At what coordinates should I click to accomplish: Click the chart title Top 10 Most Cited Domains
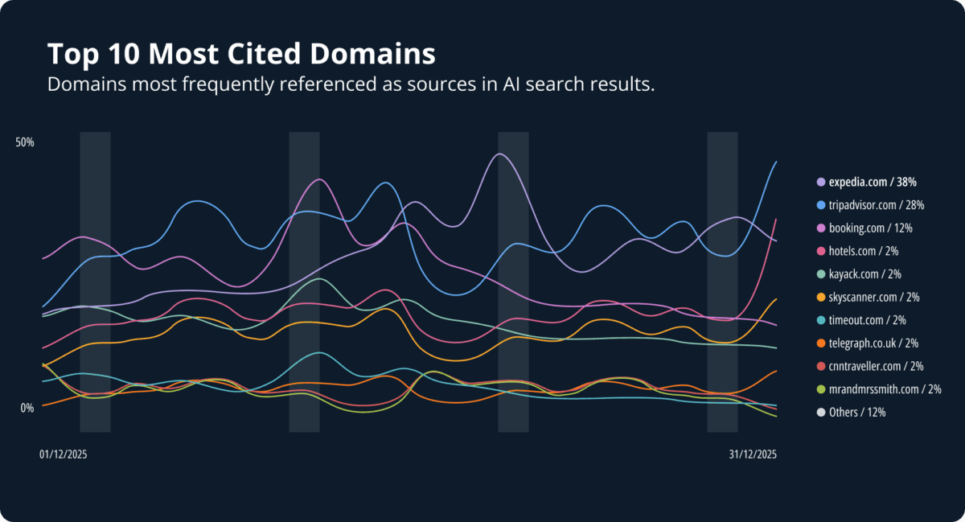point(241,55)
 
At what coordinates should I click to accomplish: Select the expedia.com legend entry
point(873,182)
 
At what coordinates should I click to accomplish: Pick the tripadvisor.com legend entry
point(876,205)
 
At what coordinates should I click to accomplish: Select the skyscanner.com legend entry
point(873,297)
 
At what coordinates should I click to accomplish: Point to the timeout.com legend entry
point(868,320)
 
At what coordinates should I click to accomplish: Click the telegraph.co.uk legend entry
point(873,343)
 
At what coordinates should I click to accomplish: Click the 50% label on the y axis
point(25,142)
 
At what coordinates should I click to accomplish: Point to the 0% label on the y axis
point(27,408)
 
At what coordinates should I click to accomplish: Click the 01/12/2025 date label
point(63,454)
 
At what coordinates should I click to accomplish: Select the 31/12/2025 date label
point(753,454)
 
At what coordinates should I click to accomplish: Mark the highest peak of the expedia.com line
point(500,154)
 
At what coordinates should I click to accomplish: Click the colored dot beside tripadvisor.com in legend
point(820,205)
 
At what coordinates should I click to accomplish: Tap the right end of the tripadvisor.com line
point(776,162)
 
